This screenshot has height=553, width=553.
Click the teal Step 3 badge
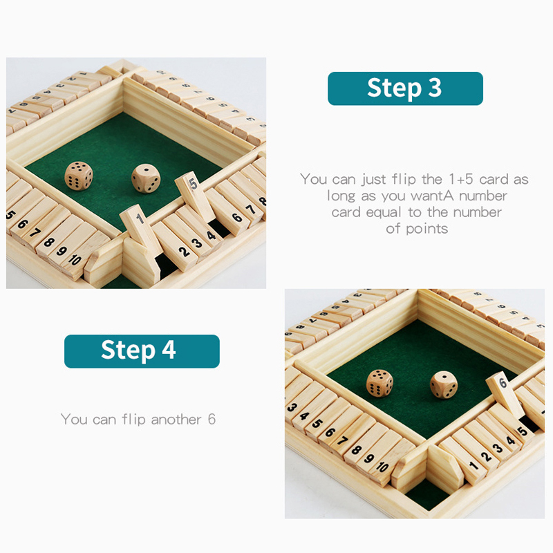point(405,88)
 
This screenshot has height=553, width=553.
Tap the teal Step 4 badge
point(142,351)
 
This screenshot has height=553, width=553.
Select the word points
point(427,229)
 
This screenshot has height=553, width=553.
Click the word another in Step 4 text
point(176,420)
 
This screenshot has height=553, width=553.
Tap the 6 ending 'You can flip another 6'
point(212,420)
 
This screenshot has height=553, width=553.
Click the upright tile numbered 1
point(141,230)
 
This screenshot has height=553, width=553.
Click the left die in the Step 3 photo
point(79,176)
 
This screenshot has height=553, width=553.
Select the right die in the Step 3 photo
point(146,178)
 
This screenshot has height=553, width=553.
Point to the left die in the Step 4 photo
point(379,384)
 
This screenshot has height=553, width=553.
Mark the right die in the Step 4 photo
point(444,385)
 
